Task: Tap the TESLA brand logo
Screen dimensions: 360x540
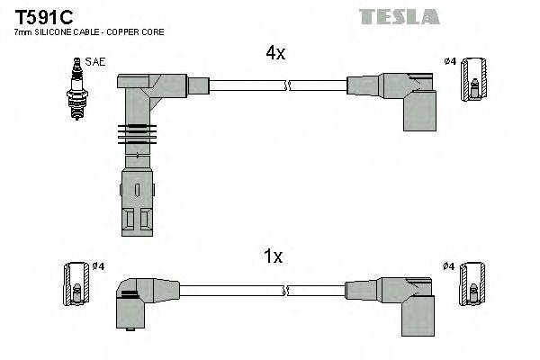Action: coord(399,16)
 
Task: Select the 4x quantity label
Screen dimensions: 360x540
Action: coord(274,53)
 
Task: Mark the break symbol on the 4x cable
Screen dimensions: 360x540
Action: coord(287,86)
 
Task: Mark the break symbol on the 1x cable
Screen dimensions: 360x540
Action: coord(287,290)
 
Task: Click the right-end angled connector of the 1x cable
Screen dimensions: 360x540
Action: coord(400,297)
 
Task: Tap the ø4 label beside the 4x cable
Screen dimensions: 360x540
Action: coord(449,61)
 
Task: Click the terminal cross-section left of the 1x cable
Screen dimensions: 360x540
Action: coord(76,285)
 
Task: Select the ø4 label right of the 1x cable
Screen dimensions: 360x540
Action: coord(449,266)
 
